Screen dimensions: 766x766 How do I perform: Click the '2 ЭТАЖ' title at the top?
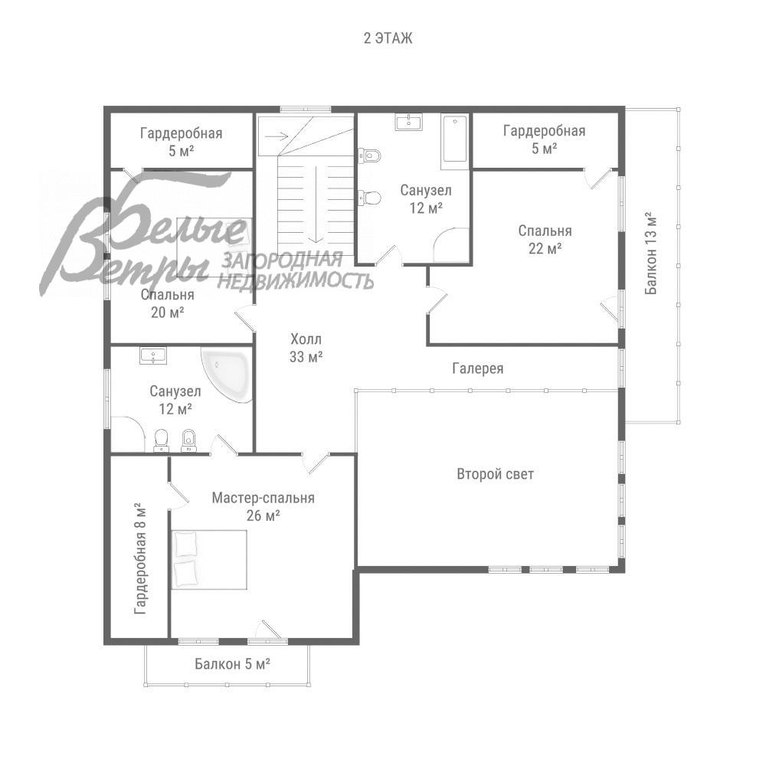388,38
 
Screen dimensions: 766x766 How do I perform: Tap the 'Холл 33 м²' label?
306,348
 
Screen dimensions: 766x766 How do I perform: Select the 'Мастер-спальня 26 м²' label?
264,506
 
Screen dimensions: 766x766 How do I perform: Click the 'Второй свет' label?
495,474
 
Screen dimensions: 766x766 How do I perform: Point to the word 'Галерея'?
478,368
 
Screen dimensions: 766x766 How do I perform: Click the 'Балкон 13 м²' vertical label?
651,253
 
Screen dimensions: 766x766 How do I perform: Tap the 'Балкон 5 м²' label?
233,664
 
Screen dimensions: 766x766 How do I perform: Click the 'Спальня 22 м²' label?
545,239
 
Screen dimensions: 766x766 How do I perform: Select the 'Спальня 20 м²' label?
168,303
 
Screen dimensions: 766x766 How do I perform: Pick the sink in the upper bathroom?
408,123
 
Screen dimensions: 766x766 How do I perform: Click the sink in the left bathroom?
153,355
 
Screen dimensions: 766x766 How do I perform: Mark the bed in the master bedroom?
208,560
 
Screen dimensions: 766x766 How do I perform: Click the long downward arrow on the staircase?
317,205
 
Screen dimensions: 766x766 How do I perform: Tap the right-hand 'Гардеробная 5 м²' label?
544,139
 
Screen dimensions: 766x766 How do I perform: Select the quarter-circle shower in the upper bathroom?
451,246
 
